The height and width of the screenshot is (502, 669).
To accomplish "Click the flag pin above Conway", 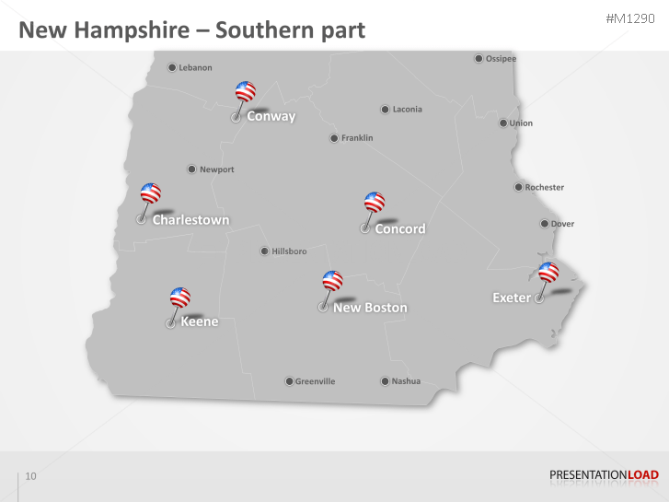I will pyautogui.click(x=245, y=92).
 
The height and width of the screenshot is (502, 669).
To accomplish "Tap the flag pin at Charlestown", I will pyautogui.click(x=150, y=193).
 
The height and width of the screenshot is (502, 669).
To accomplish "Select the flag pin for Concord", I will pyautogui.click(x=374, y=203).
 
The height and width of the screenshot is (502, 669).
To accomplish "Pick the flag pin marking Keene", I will pyautogui.click(x=180, y=298).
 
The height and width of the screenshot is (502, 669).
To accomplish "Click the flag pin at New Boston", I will pyautogui.click(x=332, y=281).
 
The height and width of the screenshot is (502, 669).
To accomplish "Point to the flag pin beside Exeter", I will pyautogui.click(x=548, y=273).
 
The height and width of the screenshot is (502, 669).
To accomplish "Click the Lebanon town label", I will pyautogui.click(x=195, y=67).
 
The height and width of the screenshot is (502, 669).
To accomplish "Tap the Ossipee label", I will pyautogui.click(x=501, y=59).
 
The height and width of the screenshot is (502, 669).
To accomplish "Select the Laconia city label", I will pyautogui.click(x=407, y=110).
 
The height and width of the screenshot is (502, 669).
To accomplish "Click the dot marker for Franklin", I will pyautogui.click(x=334, y=138).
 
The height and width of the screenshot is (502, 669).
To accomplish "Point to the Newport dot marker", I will pyautogui.click(x=191, y=169).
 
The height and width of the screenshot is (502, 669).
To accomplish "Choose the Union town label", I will pyautogui.click(x=521, y=123).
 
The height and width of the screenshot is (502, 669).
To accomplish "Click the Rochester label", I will pyautogui.click(x=544, y=188).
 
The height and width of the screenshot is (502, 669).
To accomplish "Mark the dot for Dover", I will pyautogui.click(x=544, y=224).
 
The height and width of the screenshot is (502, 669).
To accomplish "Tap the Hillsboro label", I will pyautogui.click(x=289, y=251).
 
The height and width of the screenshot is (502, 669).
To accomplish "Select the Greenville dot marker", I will pyautogui.click(x=288, y=381).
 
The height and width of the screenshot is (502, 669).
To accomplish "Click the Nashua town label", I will pyautogui.click(x=406, y=381).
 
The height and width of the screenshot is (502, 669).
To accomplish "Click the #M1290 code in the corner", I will pyautogui.click(x=632, y=19).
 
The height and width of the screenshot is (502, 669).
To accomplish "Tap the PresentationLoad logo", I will pyautogui.click(x=604, y=475).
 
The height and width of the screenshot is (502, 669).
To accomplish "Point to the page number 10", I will pyautogui.click(x=31, y=476).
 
